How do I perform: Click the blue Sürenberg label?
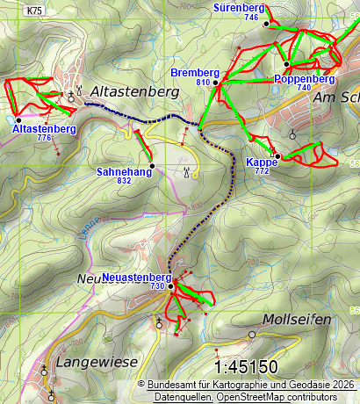pos(239,7)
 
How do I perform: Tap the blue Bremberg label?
pos(195,71)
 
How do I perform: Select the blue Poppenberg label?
pos(305,79)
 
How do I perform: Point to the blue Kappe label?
pos(262,162)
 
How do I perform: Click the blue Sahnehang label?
pos(124,172)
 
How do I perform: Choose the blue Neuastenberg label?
pos(136,278)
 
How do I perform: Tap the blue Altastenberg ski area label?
pos(44,129)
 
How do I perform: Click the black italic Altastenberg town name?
pos(134,91)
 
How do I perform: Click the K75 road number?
pos(34,11)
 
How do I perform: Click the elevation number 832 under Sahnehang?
pos(124,181)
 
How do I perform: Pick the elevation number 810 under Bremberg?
pos(204,82)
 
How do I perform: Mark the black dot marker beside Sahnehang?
pos(152,164)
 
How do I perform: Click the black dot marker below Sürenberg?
pos(266,25)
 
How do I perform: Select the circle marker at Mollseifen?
pos(252,335)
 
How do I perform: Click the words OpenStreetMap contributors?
pos(296,397)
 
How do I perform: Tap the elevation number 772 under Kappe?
pos(262,171)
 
